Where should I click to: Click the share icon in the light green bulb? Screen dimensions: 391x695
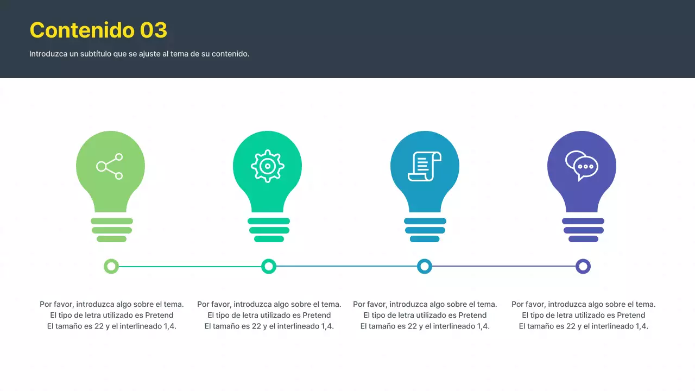[110, 166]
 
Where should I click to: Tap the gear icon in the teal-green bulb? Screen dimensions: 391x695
[267, 166]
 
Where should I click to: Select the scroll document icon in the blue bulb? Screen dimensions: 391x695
[424, 166]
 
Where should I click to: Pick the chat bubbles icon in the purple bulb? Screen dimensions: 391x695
[582, 165]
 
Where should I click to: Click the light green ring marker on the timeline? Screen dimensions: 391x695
[111, 266]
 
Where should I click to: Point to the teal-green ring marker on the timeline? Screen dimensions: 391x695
[269, 266]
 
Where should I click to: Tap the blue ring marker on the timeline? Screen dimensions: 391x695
[425, 266]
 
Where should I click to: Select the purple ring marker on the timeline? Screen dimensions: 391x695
[583, 266]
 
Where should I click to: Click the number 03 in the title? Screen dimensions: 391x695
[154, 30]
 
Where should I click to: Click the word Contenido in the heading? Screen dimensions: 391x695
[82, 30]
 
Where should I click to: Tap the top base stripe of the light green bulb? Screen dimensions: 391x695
[112, 221]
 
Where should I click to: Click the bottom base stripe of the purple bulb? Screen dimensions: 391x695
[583, 239]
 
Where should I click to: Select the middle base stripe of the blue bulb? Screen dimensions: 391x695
[425, 230]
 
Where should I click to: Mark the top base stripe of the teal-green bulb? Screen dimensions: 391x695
[269, 221]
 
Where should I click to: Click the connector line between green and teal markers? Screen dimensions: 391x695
[190, 266]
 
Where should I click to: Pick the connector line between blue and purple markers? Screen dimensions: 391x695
[504, 266]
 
